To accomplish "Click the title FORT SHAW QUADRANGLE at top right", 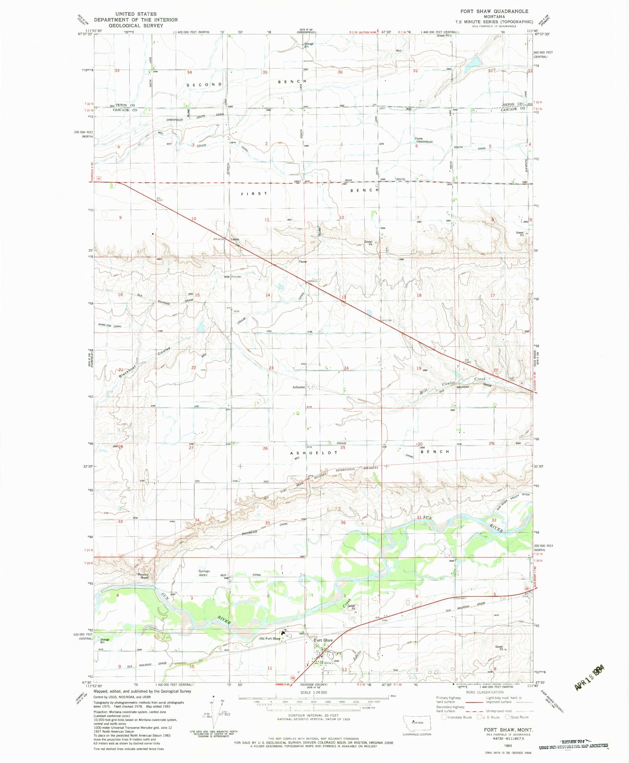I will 494,11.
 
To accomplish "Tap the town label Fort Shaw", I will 324,640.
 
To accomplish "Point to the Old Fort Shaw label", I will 270,638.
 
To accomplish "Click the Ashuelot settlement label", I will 298,387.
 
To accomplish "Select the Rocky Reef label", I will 143,576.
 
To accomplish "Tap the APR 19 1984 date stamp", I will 589,677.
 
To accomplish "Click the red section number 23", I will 271,368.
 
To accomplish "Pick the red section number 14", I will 268,295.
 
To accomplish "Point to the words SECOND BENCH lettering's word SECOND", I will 204,85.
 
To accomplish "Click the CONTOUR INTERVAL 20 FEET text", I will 307,715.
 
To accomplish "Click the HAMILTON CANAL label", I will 110,326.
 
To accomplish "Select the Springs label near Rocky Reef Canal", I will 204,571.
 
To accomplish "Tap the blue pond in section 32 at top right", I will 473,62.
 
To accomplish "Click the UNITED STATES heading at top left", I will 136,14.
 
